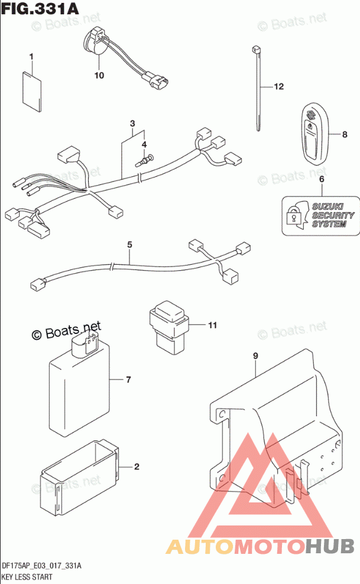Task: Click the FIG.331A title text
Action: click(x=40, y=8)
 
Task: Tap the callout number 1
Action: click(x=31, y=57)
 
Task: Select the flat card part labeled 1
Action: click(x=32, y=92)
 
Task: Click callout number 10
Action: click(x=99, y=75)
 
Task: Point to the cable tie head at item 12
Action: click(x=256, y=50)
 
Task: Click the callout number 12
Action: click(x=279, y=86)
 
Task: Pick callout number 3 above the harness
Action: click(x=132, y=124)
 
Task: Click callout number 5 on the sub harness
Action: click(x=129, y=245)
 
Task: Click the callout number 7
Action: click(x=128, y=379)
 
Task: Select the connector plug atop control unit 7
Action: click(x=85, y=343)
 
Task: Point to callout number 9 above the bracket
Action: click(x=255, y=356)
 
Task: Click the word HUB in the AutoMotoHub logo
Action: click(x=330, y=546)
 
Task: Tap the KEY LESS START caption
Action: click(x=27, y=576)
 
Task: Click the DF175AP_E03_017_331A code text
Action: click(x=41, y=566)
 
